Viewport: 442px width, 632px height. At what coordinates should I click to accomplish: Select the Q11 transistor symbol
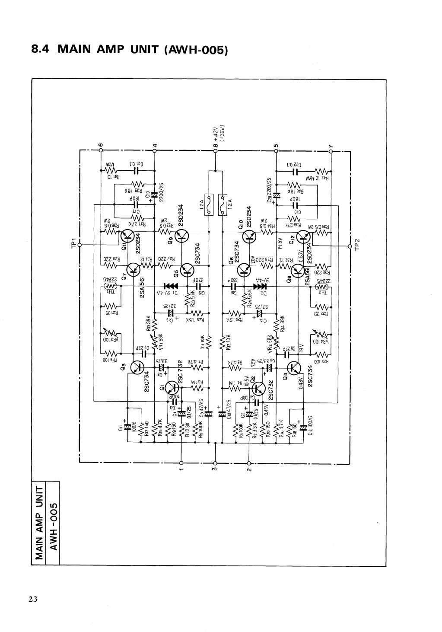(128, 235)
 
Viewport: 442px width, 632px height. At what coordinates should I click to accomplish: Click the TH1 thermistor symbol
(111, 286)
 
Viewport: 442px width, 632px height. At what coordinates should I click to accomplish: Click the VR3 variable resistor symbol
(110, 334)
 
